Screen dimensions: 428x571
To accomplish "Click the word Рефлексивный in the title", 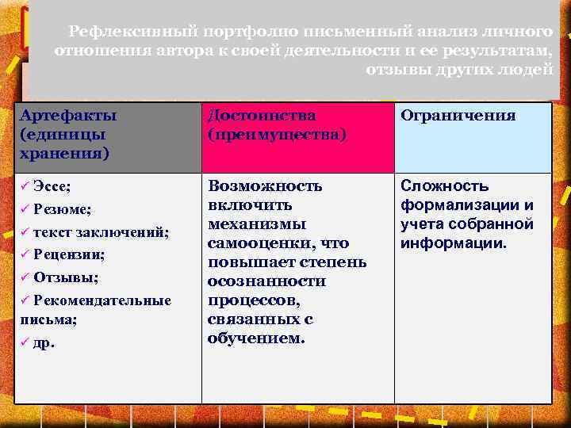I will click(x=123, y=31).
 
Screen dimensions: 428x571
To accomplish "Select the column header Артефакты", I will click(x=67, y=116).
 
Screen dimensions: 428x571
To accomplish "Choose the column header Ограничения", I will click(x=458, y=116).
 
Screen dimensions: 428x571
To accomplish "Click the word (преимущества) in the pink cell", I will click(x=276, y=134).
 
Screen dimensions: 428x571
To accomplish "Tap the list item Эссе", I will click(x=52, y=186).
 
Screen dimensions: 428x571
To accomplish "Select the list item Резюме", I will click(x=63, y=209).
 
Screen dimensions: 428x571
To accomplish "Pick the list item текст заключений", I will click(x=101, y=232).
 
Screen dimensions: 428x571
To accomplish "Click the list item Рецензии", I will click(x=70, y=255).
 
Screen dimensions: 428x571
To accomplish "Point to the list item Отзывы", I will click(x=66, y=278).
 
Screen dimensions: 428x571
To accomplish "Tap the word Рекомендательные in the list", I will click(x=102, y=301).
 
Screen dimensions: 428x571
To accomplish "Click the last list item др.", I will click(x=44, y=344).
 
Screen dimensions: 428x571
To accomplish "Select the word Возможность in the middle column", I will click(x=265, y=186).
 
